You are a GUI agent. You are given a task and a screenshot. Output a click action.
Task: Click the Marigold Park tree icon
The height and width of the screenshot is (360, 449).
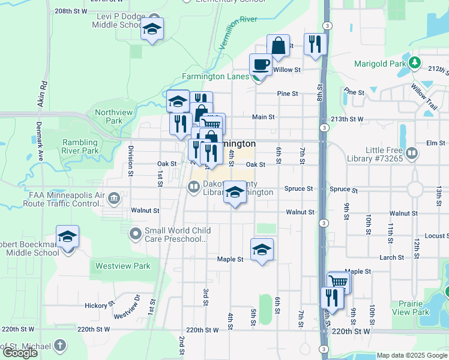pos(414,62)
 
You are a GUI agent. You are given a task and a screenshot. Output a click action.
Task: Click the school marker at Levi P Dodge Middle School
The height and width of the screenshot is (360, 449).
pos(152,28)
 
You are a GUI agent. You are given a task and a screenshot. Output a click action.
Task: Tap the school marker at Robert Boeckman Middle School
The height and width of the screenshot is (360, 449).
pos(68,236)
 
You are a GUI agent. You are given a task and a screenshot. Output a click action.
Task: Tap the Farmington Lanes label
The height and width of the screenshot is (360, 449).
pos(215,77)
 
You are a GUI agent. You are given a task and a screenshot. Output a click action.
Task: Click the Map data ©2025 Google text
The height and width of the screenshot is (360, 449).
pos(411,355)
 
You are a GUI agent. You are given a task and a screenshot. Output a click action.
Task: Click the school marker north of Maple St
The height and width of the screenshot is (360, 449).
pos(262,249)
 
